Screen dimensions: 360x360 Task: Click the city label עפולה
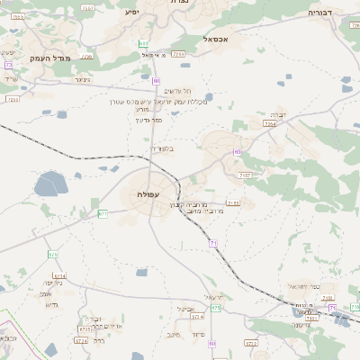[148, 195]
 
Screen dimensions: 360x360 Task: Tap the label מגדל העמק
[33, 56]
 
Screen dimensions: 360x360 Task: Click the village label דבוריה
[320, 13]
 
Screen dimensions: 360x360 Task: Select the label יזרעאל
[213, 297]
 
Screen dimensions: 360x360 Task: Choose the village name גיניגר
[83, 79]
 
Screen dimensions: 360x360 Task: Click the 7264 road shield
[269, 125]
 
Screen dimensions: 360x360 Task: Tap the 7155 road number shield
[233, 203]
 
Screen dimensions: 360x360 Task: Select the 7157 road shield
[245, 175]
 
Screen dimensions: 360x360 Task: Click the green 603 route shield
[145, 44]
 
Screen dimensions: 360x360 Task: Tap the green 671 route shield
[103, 213]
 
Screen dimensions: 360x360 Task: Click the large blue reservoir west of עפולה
[48, 187]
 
